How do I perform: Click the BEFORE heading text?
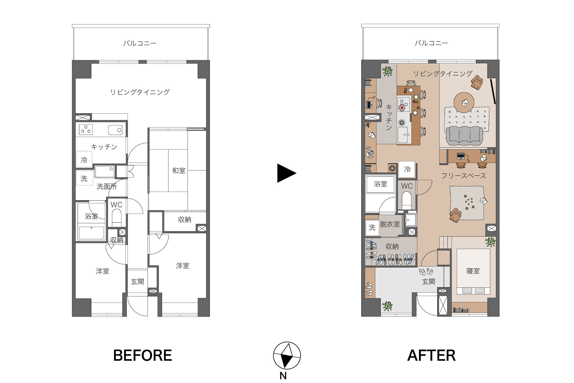point(143,355)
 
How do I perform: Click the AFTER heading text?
point(431,355)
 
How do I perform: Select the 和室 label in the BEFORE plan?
point(179,171)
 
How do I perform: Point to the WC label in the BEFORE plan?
point(116,205)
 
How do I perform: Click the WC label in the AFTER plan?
point(407,186)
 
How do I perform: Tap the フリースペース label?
point(463,176)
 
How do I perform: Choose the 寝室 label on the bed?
point(473,271)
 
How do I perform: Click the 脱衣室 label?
point(390,224)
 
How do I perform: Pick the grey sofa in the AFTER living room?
point(464,135)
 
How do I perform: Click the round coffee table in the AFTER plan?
point(464,103)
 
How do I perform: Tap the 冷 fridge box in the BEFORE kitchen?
point(84,160)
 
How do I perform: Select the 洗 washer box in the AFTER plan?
point(372,227)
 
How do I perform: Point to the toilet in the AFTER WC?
point(406,200)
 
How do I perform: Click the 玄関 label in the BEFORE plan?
point(137,282)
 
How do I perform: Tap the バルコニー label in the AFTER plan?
point(431,43)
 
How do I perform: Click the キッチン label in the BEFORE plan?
point(104,147)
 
